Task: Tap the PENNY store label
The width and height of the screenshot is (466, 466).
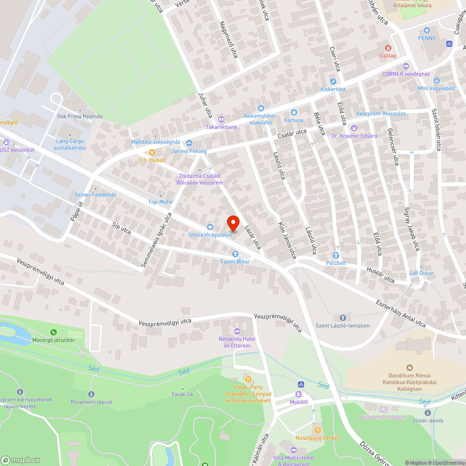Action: (x=426, y=38)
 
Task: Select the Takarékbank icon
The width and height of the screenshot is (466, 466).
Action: (x=221, y=119)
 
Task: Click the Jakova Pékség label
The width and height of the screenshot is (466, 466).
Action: (x=189, y=151)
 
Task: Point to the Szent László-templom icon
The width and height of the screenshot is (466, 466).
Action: (x=343, y=318)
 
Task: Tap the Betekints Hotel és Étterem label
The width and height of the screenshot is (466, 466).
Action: (x=237, y=342)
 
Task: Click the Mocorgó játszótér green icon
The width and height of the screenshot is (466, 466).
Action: (x=55, y=332)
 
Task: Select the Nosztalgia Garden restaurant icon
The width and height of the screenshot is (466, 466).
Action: (x=317, y=430)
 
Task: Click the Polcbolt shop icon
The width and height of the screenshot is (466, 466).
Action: (x=336, y=255)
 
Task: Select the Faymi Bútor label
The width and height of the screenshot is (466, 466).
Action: (x=235, y=261)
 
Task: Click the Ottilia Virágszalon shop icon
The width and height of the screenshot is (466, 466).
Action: (x=210, y=227)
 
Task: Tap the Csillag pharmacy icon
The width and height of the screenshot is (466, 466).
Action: (x=387, y=48)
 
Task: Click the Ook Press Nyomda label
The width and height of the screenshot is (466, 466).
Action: (x=80, y=116)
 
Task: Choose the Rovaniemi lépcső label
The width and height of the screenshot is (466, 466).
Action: (x=91, y=402)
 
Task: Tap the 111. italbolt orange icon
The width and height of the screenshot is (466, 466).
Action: (x=151, y=152)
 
